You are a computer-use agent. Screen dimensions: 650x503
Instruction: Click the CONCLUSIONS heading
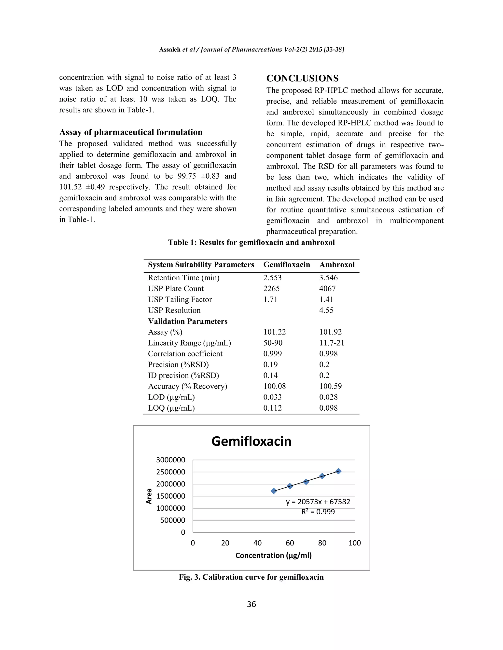pyautogui.click(x=302, y=78)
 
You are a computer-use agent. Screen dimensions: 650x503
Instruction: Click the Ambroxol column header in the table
pyautogui.click(x=337, y=265)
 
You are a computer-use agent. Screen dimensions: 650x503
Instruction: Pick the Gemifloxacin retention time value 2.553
pyautogui.click(x=272, y=278)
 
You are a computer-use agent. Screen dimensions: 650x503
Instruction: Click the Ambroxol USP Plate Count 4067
pyautogui.click(x=327, y=288)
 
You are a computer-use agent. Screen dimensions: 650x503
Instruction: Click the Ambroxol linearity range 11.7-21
pyautogui.click(x=331, y=343)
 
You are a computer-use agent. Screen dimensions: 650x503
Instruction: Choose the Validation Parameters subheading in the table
pyautogui.click(x=187, y=321)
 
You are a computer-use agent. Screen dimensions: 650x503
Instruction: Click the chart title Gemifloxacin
pyautogui.click(x=251, y=441)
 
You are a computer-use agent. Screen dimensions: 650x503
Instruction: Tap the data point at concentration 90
pyautogui.click(x=338, y=471)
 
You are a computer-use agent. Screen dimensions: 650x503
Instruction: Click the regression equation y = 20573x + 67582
pyautogui.click(x=318, y=502)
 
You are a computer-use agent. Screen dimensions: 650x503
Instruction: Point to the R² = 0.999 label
pyautogui.click(x=318, y=512)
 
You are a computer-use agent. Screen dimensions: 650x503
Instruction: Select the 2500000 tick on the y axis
pyautogui.click(x=170, y=472)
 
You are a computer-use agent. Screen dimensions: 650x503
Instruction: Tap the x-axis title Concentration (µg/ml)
pyautogui.click(x=273, y=555)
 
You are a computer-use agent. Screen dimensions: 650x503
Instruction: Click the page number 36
pyautogui.click(x=251, y=604)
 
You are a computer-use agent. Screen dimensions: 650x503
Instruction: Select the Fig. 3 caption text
pyautogui.click(x=251, y=577)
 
